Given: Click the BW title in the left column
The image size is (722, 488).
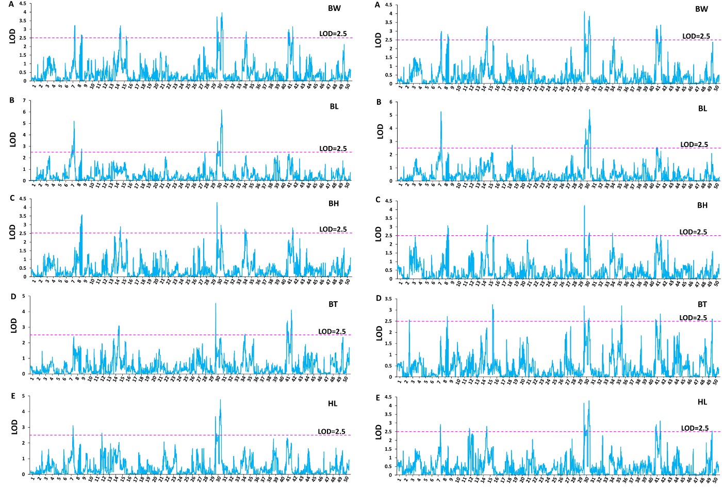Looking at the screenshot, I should coord(334,8).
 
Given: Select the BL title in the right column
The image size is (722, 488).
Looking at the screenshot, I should coord(702,109).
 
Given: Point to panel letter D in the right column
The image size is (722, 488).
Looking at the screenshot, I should coord(379,298).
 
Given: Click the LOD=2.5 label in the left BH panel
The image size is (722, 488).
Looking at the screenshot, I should coord(333,229).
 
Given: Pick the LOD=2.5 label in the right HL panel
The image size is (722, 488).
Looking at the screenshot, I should coord(695,428).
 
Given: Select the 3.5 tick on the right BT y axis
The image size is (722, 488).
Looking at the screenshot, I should coord(389,299).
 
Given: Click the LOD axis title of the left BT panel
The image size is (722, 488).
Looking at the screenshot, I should coord(14,325).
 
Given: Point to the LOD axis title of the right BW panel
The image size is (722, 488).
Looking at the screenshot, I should coord(378,40).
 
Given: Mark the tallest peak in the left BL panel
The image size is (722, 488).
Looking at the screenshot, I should coord(221,110).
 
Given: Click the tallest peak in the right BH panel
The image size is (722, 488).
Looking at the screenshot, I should coord(584,206).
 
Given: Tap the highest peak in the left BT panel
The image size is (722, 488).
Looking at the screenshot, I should coord(216,303).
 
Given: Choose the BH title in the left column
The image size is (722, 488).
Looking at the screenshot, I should coord(334,203).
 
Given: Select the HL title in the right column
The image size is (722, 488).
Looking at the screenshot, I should coord(702,402).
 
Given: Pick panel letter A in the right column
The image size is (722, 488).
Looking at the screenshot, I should coord(378,5).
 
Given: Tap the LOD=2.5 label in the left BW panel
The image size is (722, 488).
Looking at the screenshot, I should coord(333,34).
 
